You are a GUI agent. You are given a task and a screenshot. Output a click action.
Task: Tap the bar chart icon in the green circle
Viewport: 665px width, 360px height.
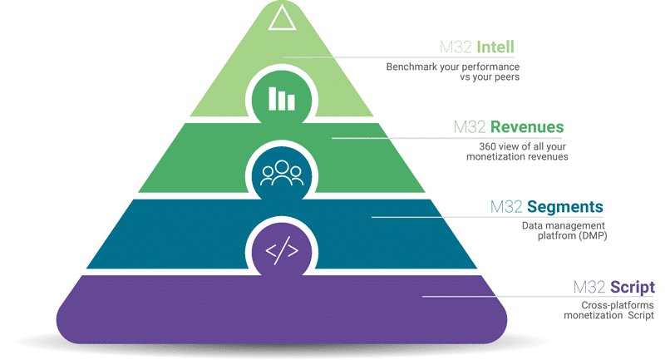282,99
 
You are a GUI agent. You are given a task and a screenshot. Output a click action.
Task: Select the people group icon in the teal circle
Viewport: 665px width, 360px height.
282,173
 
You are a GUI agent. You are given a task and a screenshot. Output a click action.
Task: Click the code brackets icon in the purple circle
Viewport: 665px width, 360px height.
282,250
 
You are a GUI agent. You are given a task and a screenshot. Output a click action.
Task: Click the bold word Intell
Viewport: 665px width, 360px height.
495,47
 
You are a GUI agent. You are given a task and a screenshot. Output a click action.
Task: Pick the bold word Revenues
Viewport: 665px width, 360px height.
527,126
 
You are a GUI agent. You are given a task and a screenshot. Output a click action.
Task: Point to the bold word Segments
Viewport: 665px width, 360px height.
565,207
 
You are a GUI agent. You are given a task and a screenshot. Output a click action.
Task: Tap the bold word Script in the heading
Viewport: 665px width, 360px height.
633,288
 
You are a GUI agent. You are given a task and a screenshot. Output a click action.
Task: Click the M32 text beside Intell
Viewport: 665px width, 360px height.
456,47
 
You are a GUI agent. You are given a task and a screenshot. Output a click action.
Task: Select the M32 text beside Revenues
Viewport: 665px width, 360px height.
470,126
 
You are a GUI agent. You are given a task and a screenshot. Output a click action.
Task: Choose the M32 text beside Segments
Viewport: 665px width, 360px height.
506,207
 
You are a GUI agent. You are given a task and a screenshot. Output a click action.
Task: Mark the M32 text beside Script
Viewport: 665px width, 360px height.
589,287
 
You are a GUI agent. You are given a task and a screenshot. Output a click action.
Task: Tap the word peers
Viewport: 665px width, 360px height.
508,77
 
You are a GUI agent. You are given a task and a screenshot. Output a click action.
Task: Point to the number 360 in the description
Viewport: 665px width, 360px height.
487,146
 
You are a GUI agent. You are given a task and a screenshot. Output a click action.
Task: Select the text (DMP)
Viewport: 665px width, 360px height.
591,235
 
